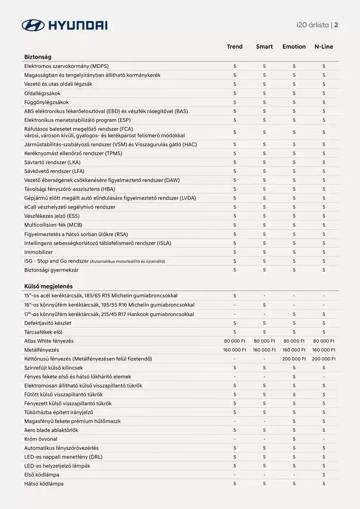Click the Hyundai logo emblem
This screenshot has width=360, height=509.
click(x=33, y=25)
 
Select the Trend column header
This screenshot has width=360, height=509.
click(x=235, y=47)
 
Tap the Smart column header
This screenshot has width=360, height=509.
click(x=264, y=47)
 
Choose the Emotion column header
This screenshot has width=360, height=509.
click(x=294, y=47)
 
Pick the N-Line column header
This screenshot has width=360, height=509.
click(x=324, y=47)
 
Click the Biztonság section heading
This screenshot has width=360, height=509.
click(x=38, y=57)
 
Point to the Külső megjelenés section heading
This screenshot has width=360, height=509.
click(x=48, y=286)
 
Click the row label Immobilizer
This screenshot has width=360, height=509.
click(x=39, y=252)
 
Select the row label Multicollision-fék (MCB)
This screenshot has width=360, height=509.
click(x=53, y=225)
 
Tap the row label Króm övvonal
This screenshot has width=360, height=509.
click(x=41, y=439)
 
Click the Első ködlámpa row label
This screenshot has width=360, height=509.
click(x=42, y=475)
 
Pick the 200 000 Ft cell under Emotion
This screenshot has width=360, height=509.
click(x=294, y=359)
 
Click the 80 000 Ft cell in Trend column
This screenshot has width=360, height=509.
click(x=235, y=341)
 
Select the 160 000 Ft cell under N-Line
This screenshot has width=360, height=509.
click(x=324, y=350)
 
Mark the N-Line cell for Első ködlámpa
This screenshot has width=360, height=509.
click(x=324, y=475)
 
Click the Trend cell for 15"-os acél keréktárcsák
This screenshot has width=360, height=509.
click(x=235, y=296)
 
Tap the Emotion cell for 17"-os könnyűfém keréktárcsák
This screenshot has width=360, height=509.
click(x=294, y=314)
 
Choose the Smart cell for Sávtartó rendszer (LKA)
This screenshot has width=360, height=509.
click(x=264, y=162)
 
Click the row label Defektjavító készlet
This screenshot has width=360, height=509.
click(x=47, y=323)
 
